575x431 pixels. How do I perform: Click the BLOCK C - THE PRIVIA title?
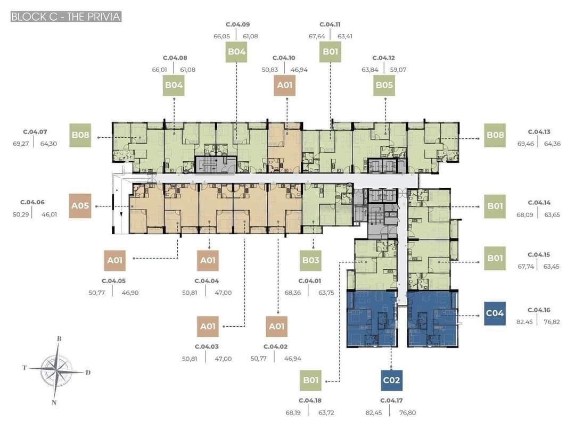tap(66, 17)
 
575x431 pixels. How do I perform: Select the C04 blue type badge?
tap(495, 313)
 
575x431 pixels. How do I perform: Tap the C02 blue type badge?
tap(391, 380)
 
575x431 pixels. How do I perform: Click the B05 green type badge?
tap(384, 85)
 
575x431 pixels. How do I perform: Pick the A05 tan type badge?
tap(80, 205)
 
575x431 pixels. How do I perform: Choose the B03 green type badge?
tap(310, 260)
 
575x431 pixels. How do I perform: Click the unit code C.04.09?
tap(237, 24)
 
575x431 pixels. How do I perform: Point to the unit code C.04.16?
tap(539, 310)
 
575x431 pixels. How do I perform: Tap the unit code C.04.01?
tap(310, 281)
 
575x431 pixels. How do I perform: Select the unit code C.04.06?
tap(32, 202)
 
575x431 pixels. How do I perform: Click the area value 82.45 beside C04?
tap(524, 322)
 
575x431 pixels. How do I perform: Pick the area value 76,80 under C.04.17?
tap(407, 413)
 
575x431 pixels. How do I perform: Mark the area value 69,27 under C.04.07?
tap(21, 144)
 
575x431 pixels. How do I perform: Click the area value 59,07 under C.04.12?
tap(398, 70)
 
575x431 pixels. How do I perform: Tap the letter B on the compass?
tap(59, 339)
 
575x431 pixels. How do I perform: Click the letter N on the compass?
tap(54, 403)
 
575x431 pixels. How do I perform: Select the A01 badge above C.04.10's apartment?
tap(284, 85)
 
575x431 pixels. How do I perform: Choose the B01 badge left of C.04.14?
tap(495, 206)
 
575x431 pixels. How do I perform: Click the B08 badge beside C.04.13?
tap(495, 135)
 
